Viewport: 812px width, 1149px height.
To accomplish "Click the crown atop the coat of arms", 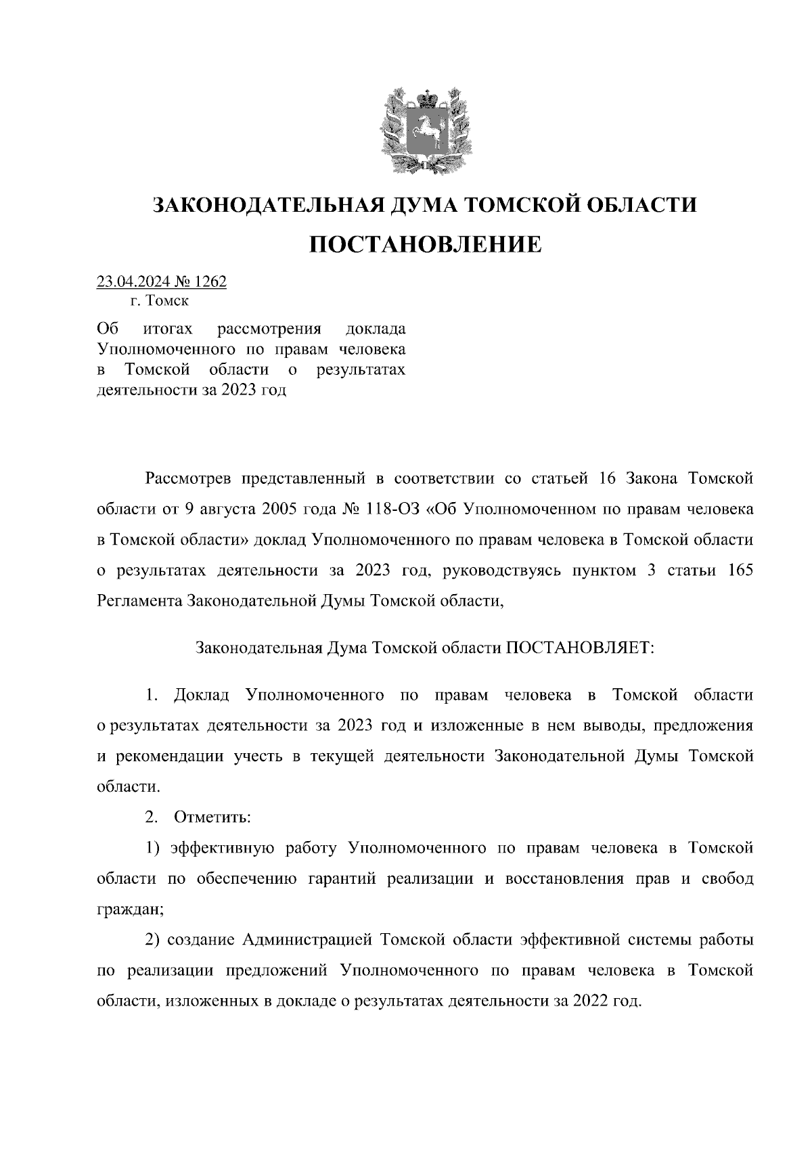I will [424, 100].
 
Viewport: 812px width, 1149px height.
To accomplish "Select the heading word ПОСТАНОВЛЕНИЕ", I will [425, 244].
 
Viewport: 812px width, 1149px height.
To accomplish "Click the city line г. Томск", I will [160, 300].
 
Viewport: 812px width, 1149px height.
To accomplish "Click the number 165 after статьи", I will [739, 570].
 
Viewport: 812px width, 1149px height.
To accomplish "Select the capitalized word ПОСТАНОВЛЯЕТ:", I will [580, 648].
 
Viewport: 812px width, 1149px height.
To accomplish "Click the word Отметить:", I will [212, 817].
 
